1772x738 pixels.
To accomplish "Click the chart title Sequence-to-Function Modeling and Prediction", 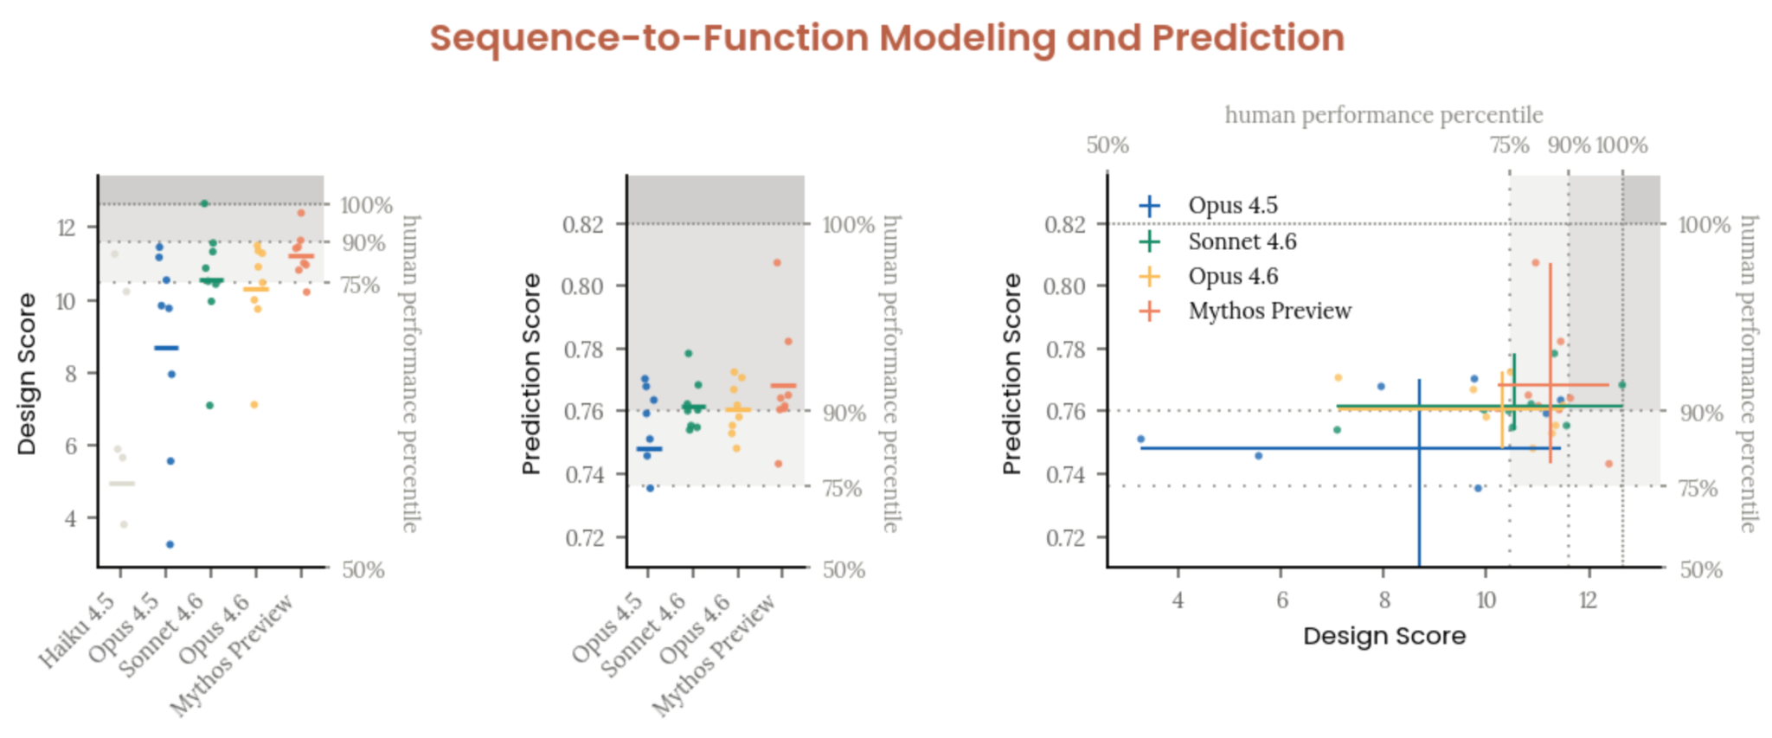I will pos(887,39).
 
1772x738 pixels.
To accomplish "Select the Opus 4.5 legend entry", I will pos(1232,206).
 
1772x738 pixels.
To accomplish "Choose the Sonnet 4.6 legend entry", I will pos(1242,241).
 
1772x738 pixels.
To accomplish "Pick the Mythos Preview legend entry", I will pos(1268,311).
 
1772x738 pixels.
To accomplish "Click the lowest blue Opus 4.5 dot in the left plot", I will pos(170,544).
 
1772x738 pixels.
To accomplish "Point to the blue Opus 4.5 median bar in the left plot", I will pos(166,348).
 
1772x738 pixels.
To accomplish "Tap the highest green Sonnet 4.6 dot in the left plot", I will pos(204,203).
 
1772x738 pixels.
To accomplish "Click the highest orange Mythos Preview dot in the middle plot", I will pos(777,262).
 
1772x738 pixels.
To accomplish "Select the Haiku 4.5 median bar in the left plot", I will pos(122,484).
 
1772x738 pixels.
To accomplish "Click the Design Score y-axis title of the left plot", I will pos(27,374).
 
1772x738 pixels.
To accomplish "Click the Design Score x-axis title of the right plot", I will pos(1384,636).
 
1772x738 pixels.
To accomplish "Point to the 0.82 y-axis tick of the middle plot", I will pos(582,225).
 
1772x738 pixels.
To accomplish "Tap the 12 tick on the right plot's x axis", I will pos(1587,600).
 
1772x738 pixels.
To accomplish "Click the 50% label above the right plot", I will pos(1107,145).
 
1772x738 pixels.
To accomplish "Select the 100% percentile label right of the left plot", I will pos(365,206).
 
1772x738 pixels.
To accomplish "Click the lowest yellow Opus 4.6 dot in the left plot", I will pos(254,405).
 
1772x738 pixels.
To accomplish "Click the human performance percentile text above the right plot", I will pos(1383,115).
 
